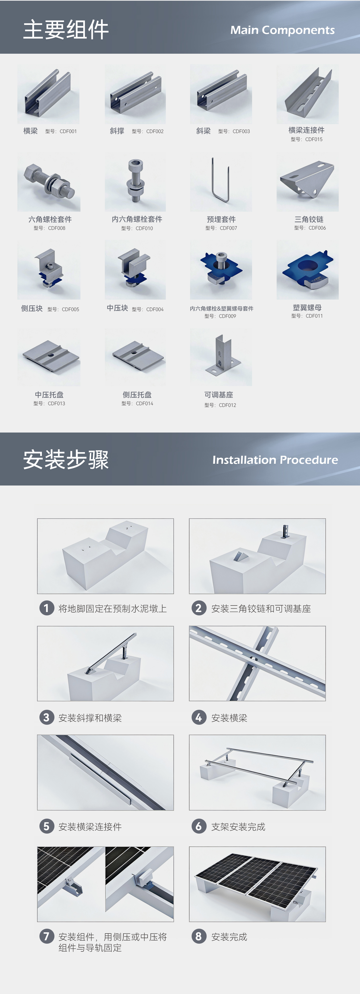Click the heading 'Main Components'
point(282,30)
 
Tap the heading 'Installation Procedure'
point(275,460)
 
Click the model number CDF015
point(314,139)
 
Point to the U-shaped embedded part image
point(221,181)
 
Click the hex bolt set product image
point(49,182)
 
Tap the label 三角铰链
point(309,219)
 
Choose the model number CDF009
point(227,316)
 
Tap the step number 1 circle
point(47,608)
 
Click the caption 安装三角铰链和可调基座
point(261,608)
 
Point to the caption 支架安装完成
point(238,827)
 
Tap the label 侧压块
point(32,308)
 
